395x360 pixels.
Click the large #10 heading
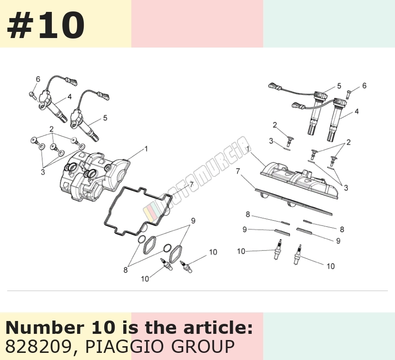46,25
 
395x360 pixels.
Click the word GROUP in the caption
203,346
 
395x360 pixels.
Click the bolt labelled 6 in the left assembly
32,95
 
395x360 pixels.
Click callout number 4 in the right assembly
356,111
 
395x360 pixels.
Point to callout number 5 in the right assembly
339,86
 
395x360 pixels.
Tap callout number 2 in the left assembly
52,129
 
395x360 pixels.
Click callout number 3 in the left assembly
43,172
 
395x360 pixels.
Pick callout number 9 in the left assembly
193,221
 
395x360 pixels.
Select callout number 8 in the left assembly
126,270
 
